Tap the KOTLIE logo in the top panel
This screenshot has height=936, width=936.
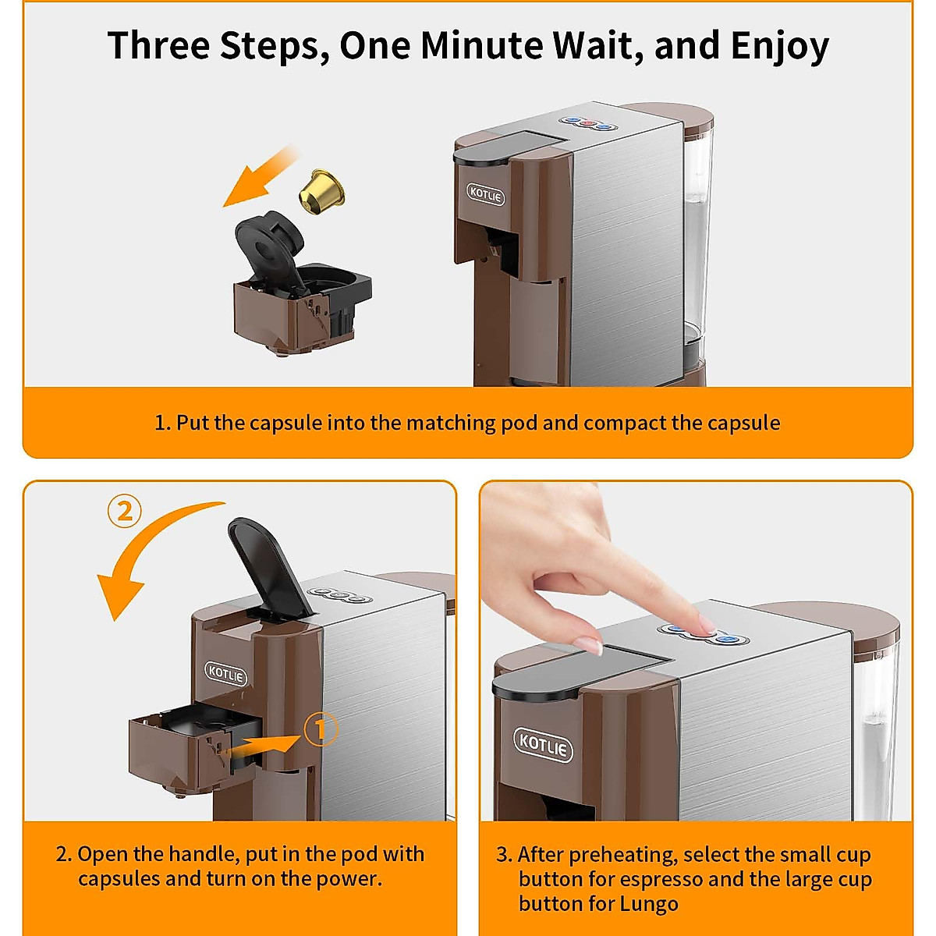(x=486, y=194)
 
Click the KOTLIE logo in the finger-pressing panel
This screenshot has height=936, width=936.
(x=543, y=744)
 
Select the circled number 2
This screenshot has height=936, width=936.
(x=124, y=512)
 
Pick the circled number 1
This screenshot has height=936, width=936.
(x=320, y=729)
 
